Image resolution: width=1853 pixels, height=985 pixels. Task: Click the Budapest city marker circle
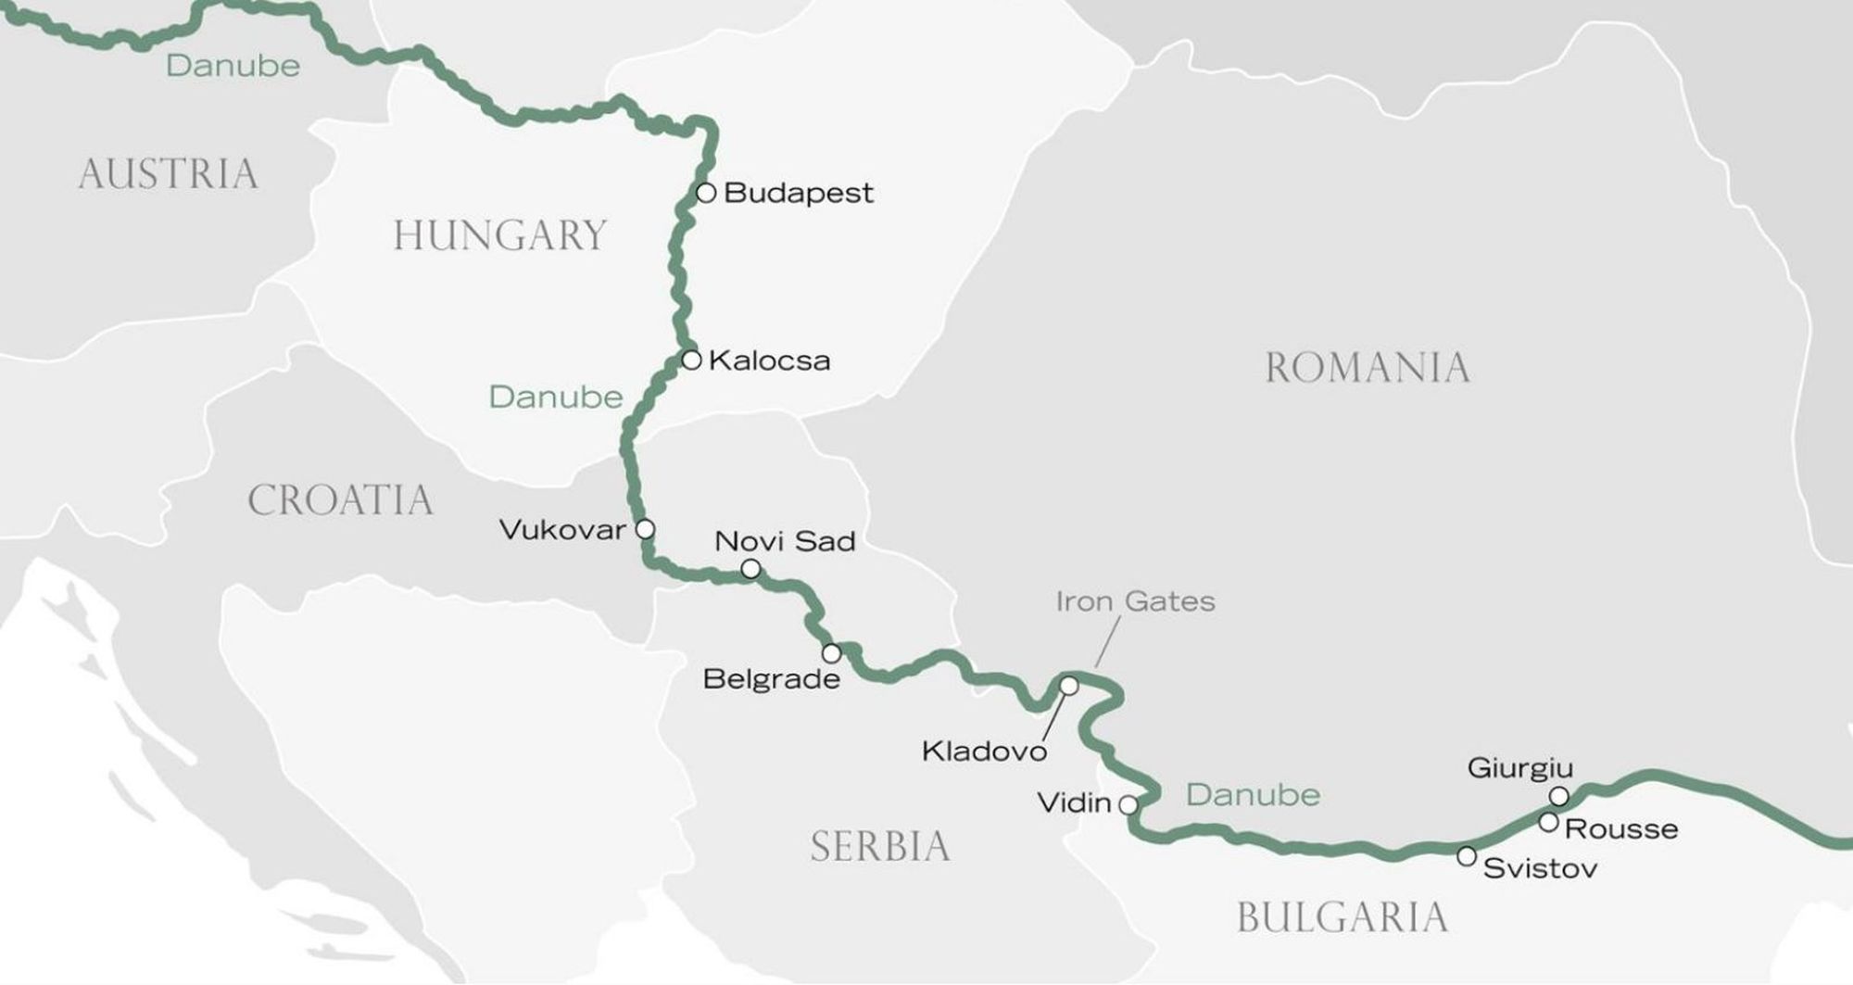706,193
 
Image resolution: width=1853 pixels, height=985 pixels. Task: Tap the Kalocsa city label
769,360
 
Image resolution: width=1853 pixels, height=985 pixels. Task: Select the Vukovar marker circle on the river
645,529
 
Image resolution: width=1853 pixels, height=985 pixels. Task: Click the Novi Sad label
785,541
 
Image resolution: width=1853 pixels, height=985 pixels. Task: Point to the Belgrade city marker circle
832,653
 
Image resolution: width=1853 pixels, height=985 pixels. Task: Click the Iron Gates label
1135,601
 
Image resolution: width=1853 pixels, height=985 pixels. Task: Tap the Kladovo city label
984,751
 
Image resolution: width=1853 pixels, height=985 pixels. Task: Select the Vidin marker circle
1128,804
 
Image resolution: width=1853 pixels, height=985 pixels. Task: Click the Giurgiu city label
1520,768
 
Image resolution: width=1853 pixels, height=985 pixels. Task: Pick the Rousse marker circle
1548,822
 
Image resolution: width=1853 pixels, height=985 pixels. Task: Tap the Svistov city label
1540,868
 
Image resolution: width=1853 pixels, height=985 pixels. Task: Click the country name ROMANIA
1368,368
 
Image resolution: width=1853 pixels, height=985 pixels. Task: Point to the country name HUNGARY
499,235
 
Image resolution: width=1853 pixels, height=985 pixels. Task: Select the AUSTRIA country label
168,174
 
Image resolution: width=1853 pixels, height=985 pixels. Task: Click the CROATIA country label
340,500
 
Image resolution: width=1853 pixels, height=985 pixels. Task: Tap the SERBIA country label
880,846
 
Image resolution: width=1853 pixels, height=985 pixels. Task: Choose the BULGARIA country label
1342,917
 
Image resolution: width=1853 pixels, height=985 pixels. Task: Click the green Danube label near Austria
233,66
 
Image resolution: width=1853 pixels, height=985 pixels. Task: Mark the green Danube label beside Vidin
1253,795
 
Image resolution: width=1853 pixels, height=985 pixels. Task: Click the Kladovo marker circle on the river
1068,686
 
